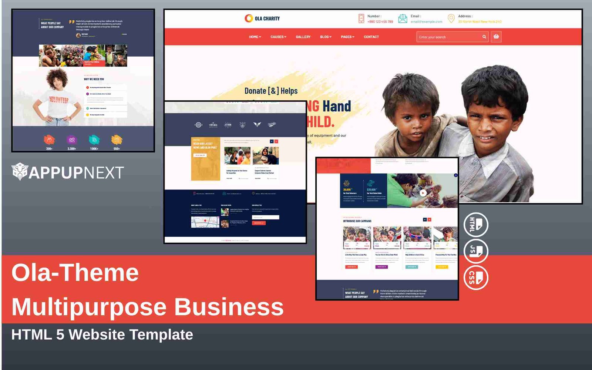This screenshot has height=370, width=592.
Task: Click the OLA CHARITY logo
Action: click(x=262, y=18)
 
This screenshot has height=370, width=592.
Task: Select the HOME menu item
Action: click(x=255, y=37)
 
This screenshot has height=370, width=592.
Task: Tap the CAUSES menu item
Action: click(x=278, y=37)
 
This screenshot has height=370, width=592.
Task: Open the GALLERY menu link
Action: click(x=303, y=37)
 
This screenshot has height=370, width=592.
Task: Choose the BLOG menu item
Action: click(x=326, y=37)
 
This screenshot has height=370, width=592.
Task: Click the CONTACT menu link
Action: click(x=371, y=37)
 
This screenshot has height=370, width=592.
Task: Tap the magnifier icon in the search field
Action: click(x=484, y=37)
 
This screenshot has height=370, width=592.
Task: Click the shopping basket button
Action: click(x=496, y=37)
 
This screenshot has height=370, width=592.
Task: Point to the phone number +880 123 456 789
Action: click(x=380, y=22)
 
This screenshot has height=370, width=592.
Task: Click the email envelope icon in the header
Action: click(x=403, y=18)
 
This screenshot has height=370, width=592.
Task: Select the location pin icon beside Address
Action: click(x=451, y=18)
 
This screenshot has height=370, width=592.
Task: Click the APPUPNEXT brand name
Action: click(x=76, y=173)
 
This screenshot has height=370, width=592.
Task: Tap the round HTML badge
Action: click(x=476, y=225)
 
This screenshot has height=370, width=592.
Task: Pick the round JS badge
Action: click(x=476, y=251)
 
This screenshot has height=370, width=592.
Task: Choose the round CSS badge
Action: click(x=476, y=277)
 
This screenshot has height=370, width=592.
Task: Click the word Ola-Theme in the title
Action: click(x=75, y=273)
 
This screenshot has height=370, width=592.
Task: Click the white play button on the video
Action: click(x=423, y=193)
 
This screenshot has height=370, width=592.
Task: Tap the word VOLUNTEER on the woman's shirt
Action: click(x=59, y=100)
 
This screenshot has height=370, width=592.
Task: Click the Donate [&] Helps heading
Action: click(x=271, y=91)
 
